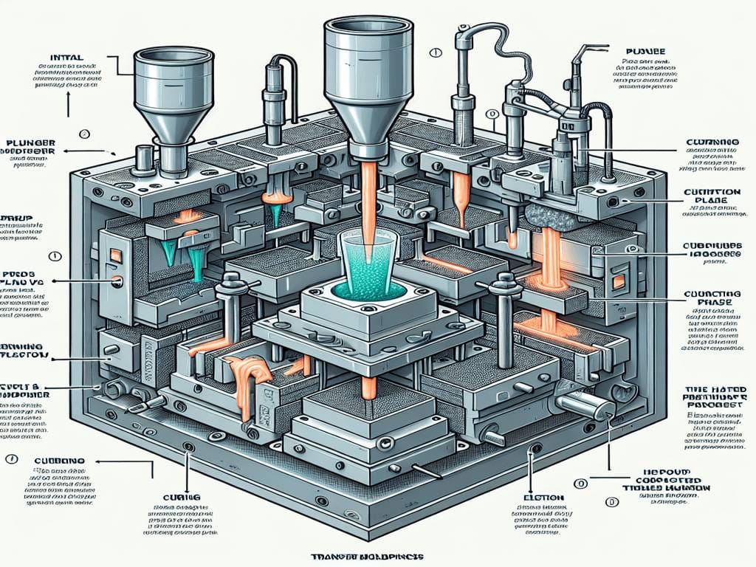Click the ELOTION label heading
pyautogui.click(x=546, y=498)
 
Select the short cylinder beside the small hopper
pyautogui.click(x=144, y=158)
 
